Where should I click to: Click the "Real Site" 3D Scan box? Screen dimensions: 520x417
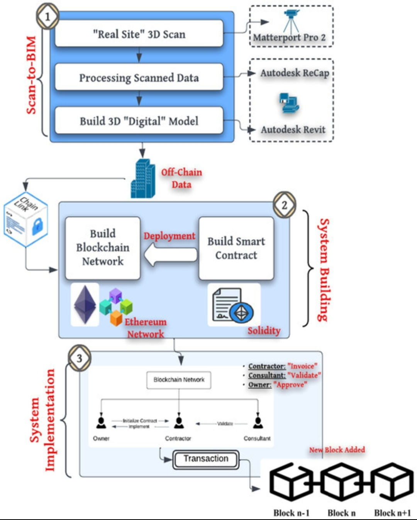[139, 34]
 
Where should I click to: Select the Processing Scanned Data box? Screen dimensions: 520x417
[139, 78]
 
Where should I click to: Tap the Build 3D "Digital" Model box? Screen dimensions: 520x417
[139, 121]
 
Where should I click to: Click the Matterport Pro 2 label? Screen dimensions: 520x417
[289, 37]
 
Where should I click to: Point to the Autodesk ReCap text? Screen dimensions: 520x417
[295, 73]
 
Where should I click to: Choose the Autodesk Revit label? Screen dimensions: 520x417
[293, 130]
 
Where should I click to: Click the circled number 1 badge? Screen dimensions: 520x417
[47, 17]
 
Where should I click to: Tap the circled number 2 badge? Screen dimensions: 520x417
[285, 205]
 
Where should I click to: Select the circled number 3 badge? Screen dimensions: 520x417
[80, 358]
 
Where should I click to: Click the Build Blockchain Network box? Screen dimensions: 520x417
[103, 248]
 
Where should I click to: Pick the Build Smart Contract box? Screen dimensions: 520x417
[236, 248]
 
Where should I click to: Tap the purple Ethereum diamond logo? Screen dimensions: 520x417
[85, 304]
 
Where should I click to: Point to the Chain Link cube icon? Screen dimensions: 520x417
[26, 219]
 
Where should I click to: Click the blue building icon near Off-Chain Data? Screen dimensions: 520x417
[142, 179]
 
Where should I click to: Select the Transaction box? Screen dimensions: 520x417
[206, 459]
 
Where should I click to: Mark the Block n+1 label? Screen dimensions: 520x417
[392, 513]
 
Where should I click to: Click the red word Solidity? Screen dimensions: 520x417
[264, 331]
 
